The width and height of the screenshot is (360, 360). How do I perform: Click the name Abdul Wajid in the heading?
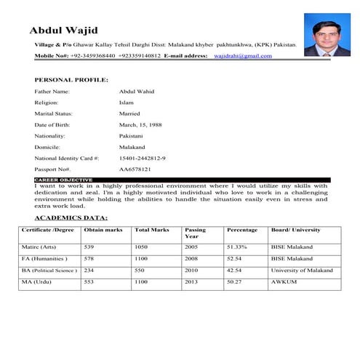point(64,31)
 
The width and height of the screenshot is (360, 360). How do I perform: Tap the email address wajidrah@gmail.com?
point(243,55)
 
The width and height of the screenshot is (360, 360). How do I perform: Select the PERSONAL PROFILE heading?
point(71,79)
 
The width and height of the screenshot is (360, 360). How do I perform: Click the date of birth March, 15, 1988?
point(140,124)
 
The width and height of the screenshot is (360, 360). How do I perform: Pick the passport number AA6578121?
point(135,169)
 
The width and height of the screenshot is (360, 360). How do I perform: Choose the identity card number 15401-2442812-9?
point(143,158)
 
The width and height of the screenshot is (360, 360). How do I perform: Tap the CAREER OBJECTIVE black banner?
point(182,179)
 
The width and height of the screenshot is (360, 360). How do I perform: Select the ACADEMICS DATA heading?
point(71,217)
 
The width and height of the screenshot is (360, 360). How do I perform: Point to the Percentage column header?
point(242,230)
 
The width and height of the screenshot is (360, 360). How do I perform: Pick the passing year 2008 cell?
point(192,258)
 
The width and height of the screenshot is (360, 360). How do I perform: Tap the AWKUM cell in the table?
point(283,281)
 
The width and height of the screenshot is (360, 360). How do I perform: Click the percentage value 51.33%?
point(238,247)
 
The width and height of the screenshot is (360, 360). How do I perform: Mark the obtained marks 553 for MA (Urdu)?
point(90,281)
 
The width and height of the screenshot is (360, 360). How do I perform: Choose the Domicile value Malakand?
point(133,146)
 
